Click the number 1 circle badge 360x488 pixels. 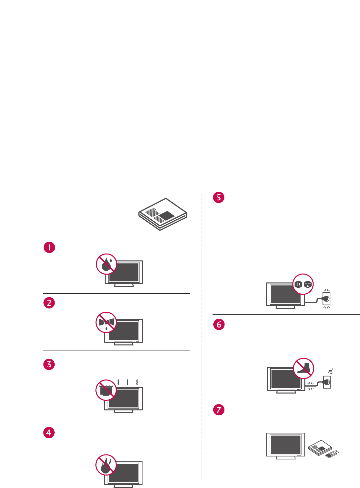pyautogui.click(x=49, y=247)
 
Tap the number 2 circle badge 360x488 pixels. pyautogui.click(x=49, y=303)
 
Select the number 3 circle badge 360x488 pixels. pyautogui.click(x=49, y=364)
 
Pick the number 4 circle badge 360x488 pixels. pyautogui.click(x=49, y=432)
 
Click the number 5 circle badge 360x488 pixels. pyautogui.click(x=219, y=197)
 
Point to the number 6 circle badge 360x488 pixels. pyautogui.click(x=219, y=325)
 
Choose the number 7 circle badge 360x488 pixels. pyautogui.click(x=219, y=410)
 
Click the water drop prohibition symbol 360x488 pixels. pyautogui.click(x=107, y=264)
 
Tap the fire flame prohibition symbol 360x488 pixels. pyautogui.click(x=106, y=465)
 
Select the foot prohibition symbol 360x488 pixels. pyautogui.click(x=303, y=368)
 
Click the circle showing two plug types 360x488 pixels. pyautogui.click(x=303, y=284)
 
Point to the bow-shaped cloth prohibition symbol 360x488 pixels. pyautogui.click(x=106, y=322)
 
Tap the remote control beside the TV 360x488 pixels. pyautogui.click(x=331, y=455)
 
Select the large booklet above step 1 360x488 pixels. pyautogui.click(x=163, y=214)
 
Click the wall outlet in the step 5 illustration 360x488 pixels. pyautogui.click(x=326, y=299)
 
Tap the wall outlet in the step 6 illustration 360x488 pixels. pyautogui.click(x=327, y=382)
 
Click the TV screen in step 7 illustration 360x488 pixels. pyautogui.click(x=286, y=445)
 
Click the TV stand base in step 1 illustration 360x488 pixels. pyautogui.click(x=124, y=285)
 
